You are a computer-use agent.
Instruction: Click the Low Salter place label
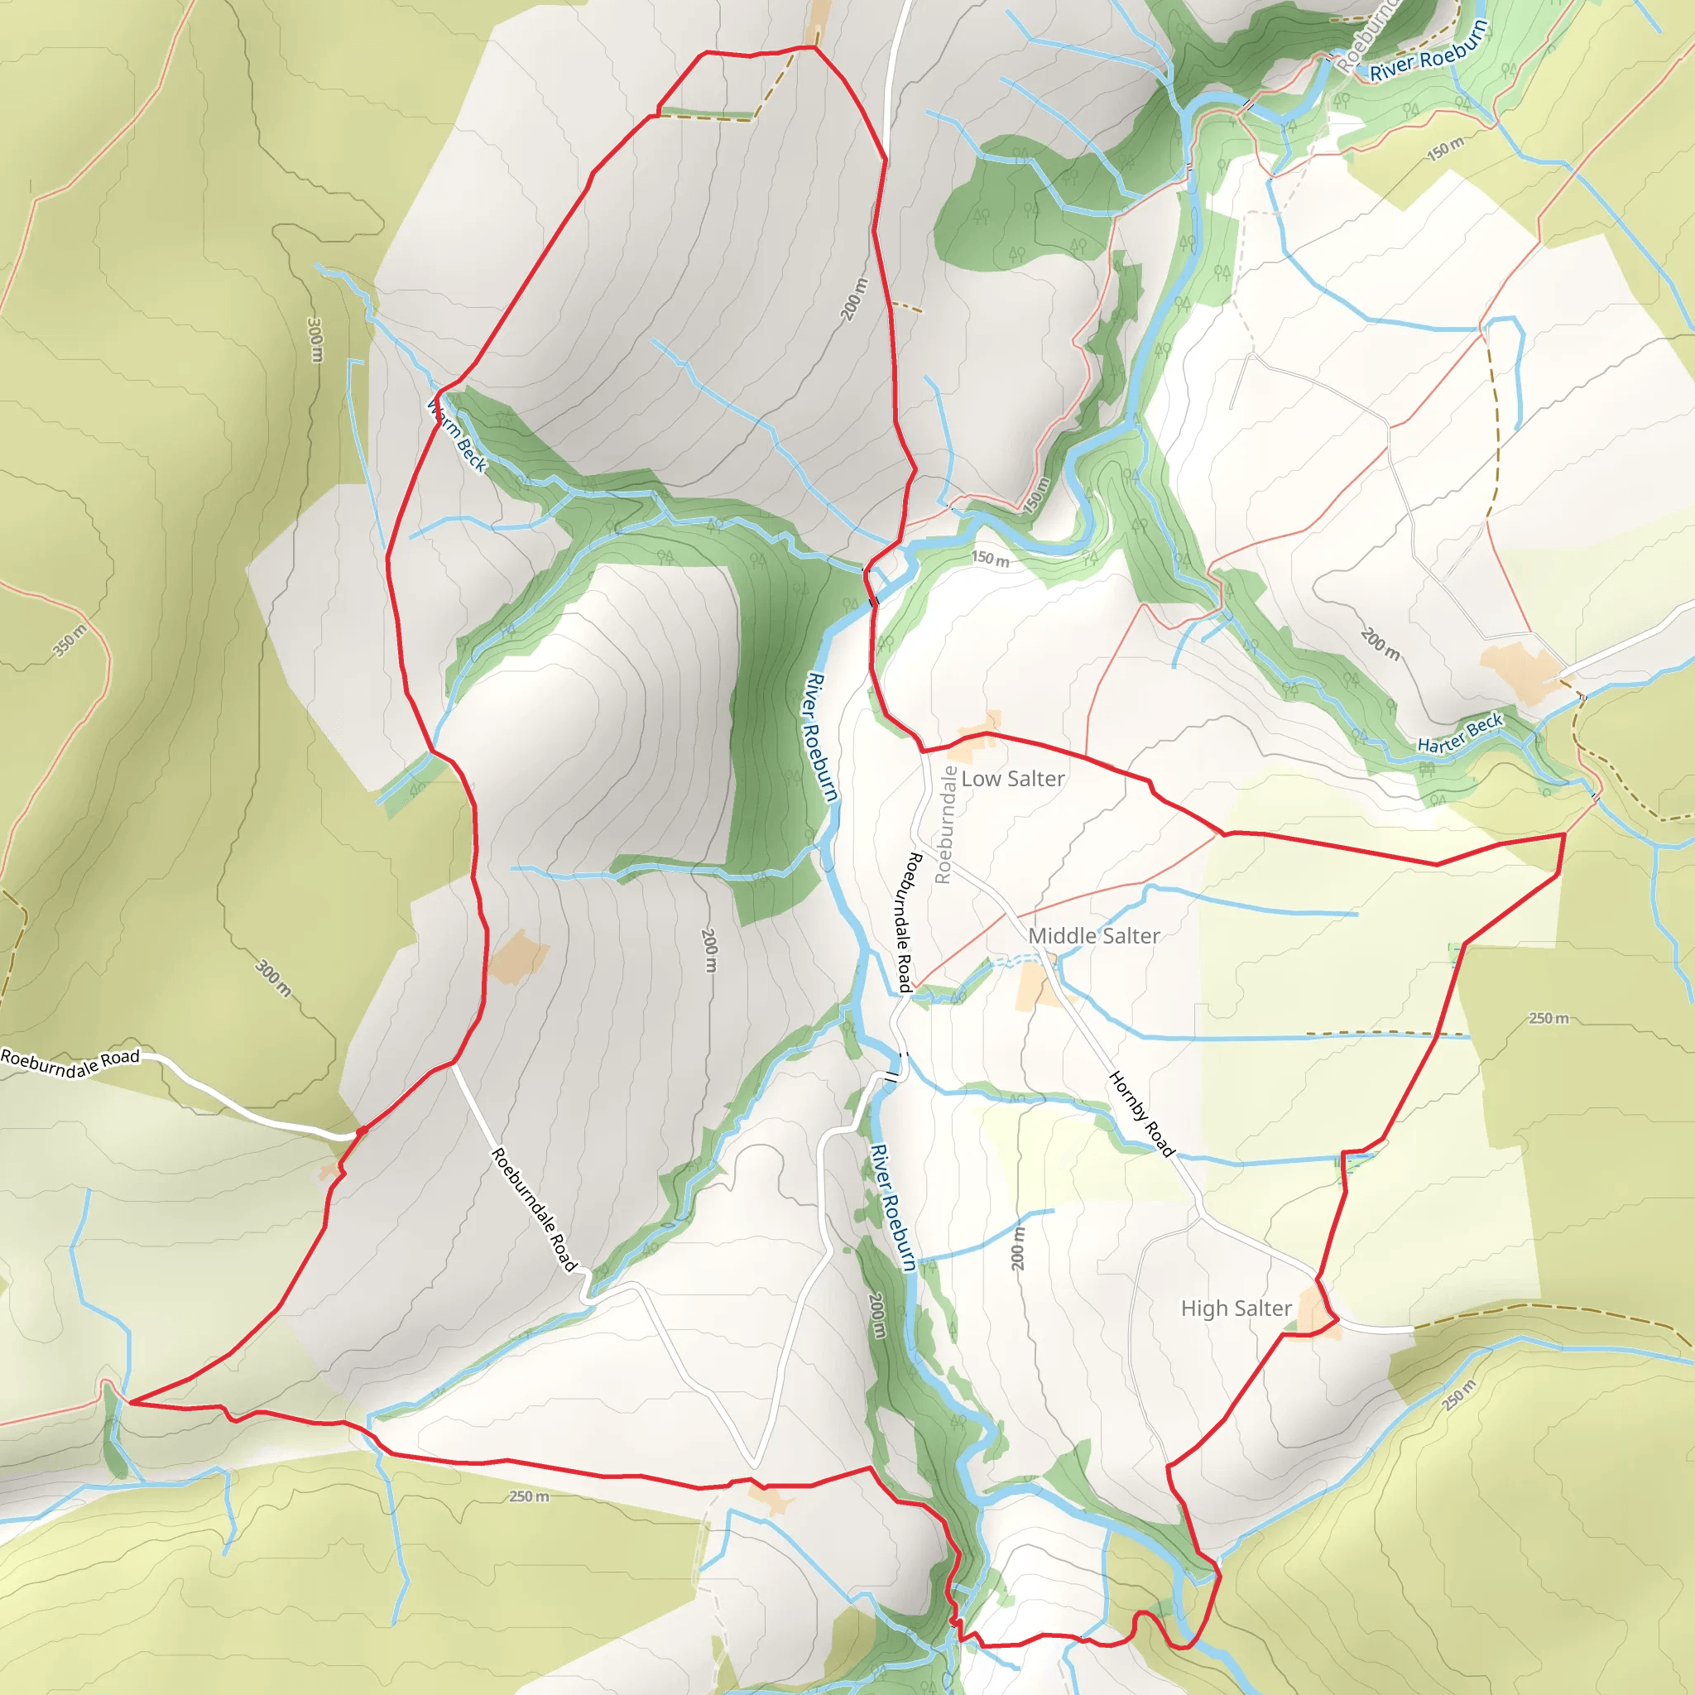coord(1012,778)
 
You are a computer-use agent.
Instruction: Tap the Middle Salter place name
coord(1093,935)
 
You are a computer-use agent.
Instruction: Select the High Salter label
coord(1236,1308)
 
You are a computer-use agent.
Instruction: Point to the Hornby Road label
coord(1141,1113)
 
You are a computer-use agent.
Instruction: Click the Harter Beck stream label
coord(1460,732)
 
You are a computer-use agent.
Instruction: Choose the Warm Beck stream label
coord(456,435)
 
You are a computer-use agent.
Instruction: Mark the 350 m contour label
coord(70,641)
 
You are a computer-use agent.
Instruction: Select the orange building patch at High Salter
coord(1317,1316)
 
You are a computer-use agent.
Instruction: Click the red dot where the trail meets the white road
coord(361,1131)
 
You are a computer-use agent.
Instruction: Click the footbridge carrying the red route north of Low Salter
coord(872,601)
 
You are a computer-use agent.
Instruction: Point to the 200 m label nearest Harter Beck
coord(1379,643)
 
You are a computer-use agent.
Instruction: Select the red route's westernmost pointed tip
coord(130,1402)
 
